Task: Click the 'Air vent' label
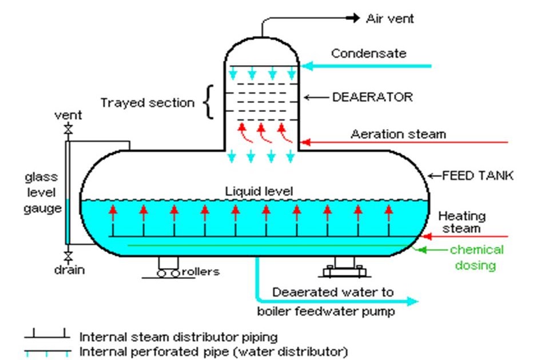point(389,19)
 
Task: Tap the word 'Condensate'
point(368,54)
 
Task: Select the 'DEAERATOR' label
point(372,97)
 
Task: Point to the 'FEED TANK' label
point(478,175)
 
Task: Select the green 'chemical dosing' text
point(476,257)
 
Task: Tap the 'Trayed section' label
point(147,103)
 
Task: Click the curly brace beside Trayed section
point(209,102)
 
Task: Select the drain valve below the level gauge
point(69,254)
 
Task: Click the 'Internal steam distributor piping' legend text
point(178,337)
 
